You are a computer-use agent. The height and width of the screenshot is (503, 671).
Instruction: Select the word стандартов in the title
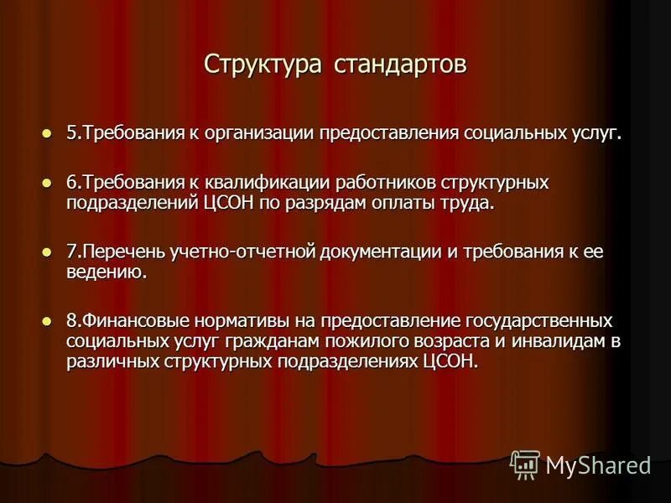(400, 65)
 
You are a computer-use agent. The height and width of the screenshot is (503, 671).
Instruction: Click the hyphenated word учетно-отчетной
(247, 251)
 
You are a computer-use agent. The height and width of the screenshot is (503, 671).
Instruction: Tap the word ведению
(107, 272)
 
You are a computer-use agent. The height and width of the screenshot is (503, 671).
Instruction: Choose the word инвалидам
(554, 341)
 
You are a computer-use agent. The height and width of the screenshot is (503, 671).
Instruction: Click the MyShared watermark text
(598, 465)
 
